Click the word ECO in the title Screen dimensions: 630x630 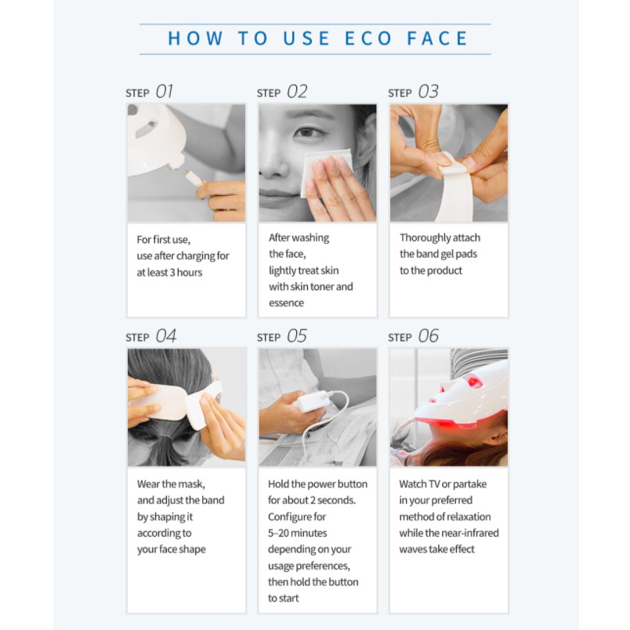tap(368, 38)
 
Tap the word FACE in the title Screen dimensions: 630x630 tap(437, 38)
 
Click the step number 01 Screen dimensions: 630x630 tap(165, 92)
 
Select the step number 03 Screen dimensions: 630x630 tap(429, 92)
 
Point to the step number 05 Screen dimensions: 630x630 tap(297, 336)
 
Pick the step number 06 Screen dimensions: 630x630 tap(429, 336)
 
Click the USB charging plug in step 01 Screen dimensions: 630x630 tap(193, 177)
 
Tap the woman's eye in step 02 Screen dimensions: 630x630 tap(307, 132)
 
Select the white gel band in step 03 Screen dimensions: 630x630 tap(454, 189)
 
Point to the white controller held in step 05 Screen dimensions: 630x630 tap(310, 401)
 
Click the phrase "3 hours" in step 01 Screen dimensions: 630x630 tap(186, 273)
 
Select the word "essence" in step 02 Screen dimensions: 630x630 tap(287, 303)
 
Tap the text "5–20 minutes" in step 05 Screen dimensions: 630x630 tap(298, 533)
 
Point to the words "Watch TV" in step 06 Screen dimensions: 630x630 tap(419, 484)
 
